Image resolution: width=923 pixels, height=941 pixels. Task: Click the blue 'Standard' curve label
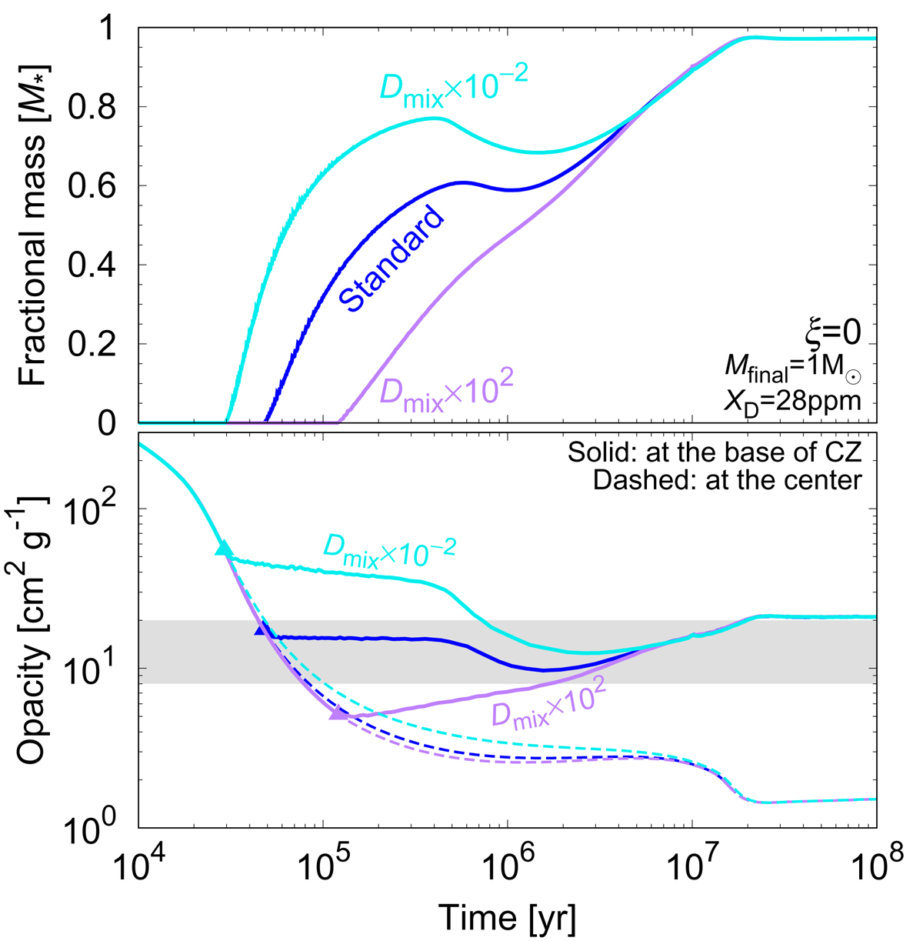[x=392, y=259]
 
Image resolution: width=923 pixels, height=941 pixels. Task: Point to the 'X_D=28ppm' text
[x=805, y=400]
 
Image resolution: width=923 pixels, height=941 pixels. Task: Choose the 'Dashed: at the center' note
[x=726, y=481]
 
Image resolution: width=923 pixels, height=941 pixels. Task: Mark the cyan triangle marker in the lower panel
[x=223, y=548]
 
